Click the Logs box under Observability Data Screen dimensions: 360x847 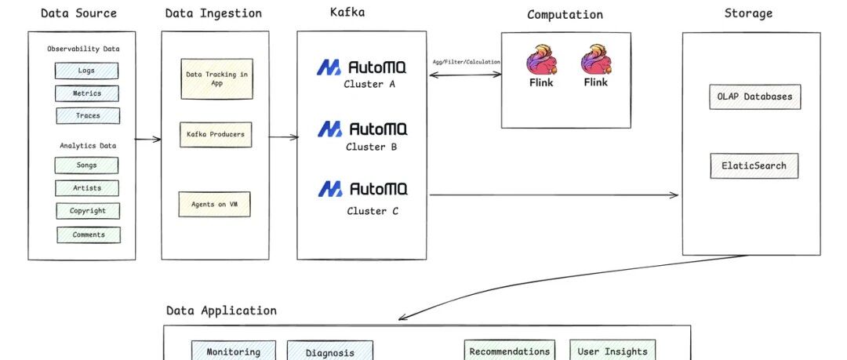pyautogui.click(x=86, y=71)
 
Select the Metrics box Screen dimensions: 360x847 pyautogui.click(x=87, y=93)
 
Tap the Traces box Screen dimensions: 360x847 pyautogui.click(x=88, y=115)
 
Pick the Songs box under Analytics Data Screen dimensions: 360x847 pyautogui.click(x=86, y=165)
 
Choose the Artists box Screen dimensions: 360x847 pyautogui.click(x=87, y=188)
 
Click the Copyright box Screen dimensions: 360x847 pyautogui.click(x=88, y=211)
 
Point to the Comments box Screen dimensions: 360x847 pyautogui.click(x=89, y=235)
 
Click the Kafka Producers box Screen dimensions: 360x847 pyautogui.click(x=215, y=134)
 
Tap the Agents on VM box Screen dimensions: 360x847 pyautogui.click(x=214, y=204)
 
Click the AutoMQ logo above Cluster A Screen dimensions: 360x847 pyautogui.click(x=362, y=67)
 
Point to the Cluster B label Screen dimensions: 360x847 pyautogui.click(x=365, y=147)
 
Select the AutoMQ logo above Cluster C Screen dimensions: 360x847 pyautogui.click(x=362, y=189)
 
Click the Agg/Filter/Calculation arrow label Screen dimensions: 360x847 pyautogui.click(x=466, y=62)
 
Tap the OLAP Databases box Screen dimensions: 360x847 pyautogui.click(x=754, y=96)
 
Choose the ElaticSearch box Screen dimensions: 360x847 pyautogui.click(x=754, y=165)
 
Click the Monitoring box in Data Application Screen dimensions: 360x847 pyautogui.click(x=234, y=351)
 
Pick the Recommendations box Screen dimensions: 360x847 pyautogui.click(x=510, y=351)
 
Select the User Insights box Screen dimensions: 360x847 pyautogui.click(x=613, y=351)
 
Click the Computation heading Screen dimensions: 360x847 pyautogui.click(x=565, y=15)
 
